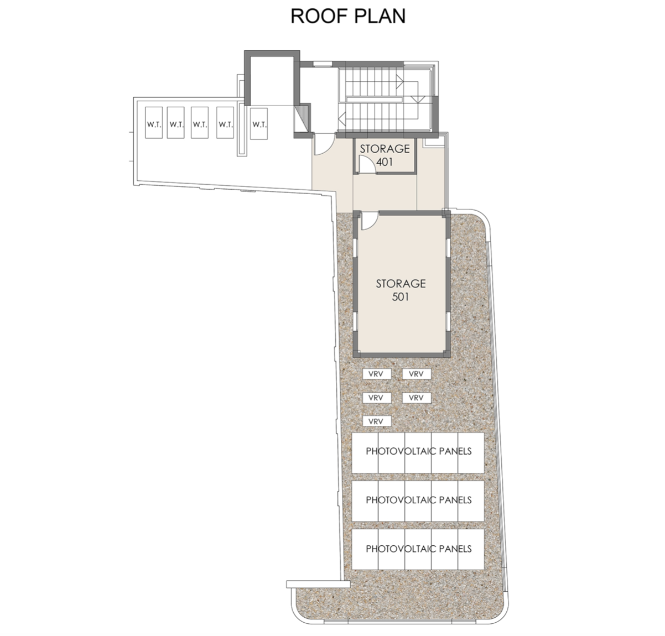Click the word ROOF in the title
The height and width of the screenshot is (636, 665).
tap(314, 16)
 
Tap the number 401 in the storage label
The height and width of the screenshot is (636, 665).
tap(384, 163)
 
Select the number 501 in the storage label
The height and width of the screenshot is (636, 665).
tap(401, 297)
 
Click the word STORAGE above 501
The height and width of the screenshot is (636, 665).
tap(401, 284)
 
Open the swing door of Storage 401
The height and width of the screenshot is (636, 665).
tap(365, 164)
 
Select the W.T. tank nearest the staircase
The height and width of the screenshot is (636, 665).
tap(259, 124)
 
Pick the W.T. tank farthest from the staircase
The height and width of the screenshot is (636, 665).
tap(154, 124)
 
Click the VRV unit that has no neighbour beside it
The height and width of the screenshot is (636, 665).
tap(376, 421)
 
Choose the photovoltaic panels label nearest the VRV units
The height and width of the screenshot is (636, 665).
tap(418, 451)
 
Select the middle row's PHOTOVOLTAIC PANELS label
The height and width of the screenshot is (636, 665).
tap(418, 500)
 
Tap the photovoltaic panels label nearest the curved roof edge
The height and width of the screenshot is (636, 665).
tap(418, 549)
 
